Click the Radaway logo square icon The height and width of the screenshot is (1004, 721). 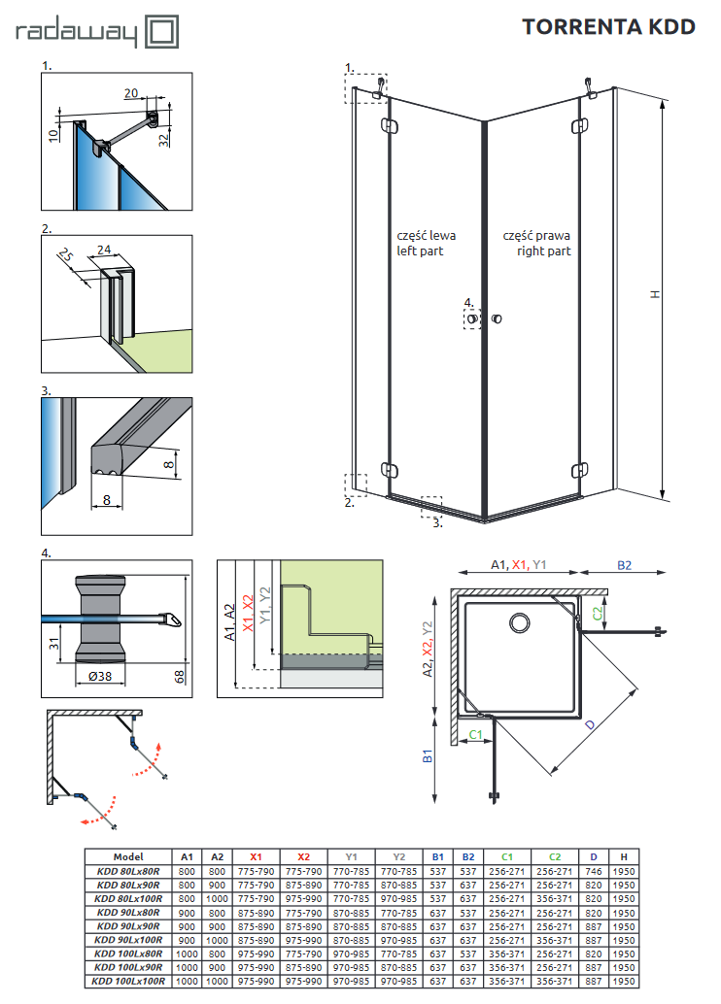click(x=162, y=32)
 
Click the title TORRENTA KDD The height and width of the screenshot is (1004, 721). click(x=608, y=27)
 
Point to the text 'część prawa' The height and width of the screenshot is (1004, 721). click(x=536, y=236)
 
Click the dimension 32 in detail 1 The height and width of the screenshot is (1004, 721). click(x=164, y=138)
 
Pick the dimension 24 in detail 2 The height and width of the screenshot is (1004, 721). click(x=104, y=249)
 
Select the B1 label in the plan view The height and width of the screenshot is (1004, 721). click(x=427, y=756)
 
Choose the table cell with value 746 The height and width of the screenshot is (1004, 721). click(x=594, y=871)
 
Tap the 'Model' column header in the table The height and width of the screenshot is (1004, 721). click(x=128, y=856)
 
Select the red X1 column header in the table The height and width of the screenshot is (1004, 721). click(x=256, y=856)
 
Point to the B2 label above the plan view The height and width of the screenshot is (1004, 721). click(x=624, y=564)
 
